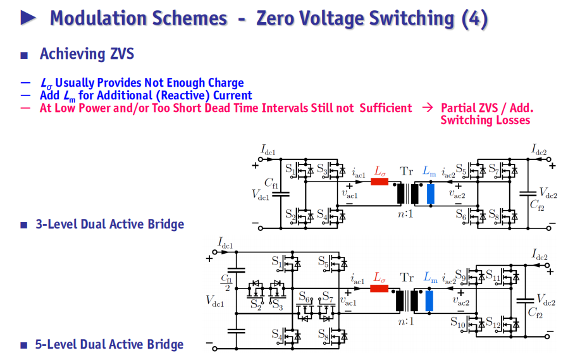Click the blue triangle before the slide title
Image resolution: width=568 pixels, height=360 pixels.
point(28,18)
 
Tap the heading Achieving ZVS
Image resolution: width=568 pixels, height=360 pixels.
point(87,54)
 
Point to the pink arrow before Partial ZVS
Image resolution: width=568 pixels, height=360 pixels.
point(428,108)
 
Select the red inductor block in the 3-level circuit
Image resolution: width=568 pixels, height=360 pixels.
point(380,182)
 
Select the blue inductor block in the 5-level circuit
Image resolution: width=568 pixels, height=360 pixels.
point(429,301)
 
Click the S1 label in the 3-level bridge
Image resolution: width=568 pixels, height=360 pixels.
point(290,168)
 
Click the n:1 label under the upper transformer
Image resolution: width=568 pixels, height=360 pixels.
point(405,214)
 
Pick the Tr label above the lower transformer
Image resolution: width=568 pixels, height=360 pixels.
point(407,277)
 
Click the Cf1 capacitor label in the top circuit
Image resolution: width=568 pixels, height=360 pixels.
point(271,183)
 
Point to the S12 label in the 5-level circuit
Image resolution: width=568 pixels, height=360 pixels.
point(493,323)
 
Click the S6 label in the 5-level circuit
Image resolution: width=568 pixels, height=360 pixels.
point(304,297)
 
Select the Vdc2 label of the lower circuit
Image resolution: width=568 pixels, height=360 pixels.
point(546,300)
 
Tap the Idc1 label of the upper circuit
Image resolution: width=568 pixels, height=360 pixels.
point(268,149)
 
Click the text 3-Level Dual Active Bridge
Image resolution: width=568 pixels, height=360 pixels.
point(110,224)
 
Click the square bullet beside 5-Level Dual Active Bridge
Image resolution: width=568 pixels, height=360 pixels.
point(24,345)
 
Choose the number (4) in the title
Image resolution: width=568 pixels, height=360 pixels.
point(474,19)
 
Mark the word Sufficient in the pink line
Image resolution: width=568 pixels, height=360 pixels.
point(386,108)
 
